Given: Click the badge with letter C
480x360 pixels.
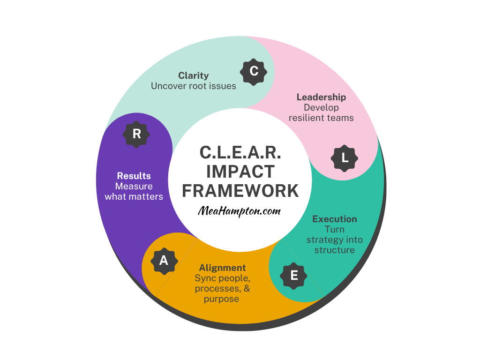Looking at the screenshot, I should [254, 71].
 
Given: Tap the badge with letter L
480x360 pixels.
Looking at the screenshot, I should [345, 158].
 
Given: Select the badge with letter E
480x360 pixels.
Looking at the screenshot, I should [294, 275].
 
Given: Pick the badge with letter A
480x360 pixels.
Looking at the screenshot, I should [164, 261].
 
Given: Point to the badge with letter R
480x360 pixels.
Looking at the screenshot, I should [136, 134].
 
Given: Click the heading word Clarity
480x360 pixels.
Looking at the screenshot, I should [194, 75].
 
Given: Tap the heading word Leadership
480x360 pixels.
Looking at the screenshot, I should [321, 97].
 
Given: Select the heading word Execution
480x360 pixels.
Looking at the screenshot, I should [335, 219].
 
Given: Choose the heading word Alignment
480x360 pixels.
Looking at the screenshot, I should [222, 268].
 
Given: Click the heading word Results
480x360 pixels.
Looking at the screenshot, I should [134, 176].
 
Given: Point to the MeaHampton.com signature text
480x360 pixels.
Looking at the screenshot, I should [240, 211].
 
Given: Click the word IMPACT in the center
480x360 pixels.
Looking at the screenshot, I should [240, 172].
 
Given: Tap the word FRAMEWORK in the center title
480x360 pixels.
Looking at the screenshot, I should [240, 191].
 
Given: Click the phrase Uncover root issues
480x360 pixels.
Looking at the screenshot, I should [194, 86].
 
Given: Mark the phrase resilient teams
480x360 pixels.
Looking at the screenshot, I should [321, 118].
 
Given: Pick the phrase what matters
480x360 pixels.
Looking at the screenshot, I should [134, 196].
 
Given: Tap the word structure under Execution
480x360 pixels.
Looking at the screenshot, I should [335, 250].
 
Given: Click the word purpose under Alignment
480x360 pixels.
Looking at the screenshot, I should [221, 299].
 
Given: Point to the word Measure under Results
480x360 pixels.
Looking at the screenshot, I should [134, 186].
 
